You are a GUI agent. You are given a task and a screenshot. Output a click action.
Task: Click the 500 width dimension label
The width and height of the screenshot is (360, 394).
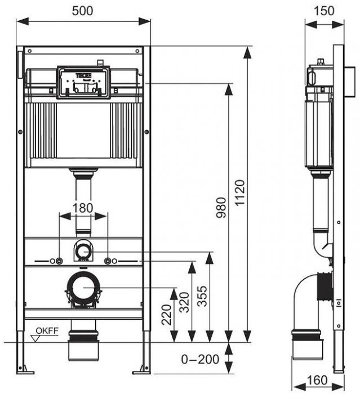[x=83, y=11]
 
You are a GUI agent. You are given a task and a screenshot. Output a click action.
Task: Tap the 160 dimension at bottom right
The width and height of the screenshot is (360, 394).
[x=318, y=381]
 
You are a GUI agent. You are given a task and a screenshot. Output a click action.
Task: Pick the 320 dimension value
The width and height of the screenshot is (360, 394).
[x=184, y=302]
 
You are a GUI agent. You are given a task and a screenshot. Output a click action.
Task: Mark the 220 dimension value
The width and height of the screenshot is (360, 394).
[x=166, y=316]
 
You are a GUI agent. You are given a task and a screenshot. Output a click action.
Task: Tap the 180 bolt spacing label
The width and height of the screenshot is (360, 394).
[x=83, y=208]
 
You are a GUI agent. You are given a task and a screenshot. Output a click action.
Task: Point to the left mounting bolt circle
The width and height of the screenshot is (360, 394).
[x=59, y=261]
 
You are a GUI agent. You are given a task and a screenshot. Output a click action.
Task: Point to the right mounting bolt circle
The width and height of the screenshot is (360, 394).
[x=107, y=261]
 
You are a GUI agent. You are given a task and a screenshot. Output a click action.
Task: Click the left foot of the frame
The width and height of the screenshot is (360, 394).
[x=25, y=370]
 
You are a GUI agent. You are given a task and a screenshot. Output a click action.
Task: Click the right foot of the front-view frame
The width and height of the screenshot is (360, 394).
[x=141, y=370]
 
